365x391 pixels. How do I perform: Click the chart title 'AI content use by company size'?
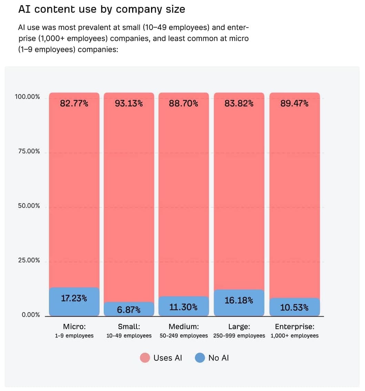click(102, 9)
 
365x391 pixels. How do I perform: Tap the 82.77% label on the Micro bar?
click(74, 103)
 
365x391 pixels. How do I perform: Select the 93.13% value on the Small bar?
click(129, 103)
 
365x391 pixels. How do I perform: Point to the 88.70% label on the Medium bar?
click(184, 103)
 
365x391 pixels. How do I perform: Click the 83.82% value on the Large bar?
click(239, 103)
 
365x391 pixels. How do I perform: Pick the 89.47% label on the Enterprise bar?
click(294, 103)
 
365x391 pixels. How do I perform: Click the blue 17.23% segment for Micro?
click(74, 301)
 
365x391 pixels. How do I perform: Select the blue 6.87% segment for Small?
click(129, 309)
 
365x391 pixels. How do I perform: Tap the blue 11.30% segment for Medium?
click(184, 306)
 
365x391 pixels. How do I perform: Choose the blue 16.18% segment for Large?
click(239, 302)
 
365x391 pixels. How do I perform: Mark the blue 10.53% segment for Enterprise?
click(294, 307)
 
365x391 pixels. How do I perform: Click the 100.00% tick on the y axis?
click(27, 97)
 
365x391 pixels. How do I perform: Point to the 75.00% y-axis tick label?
click(29, 152)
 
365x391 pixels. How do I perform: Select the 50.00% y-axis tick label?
click(29, 206)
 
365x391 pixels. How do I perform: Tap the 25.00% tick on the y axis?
click(29, 260)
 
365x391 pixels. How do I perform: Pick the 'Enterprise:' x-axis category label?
click(295, 327)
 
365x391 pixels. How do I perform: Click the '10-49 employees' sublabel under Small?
click(129, 336)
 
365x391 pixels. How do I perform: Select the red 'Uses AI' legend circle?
click(145, 358)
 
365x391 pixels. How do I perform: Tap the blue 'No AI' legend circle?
click(200, 358)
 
